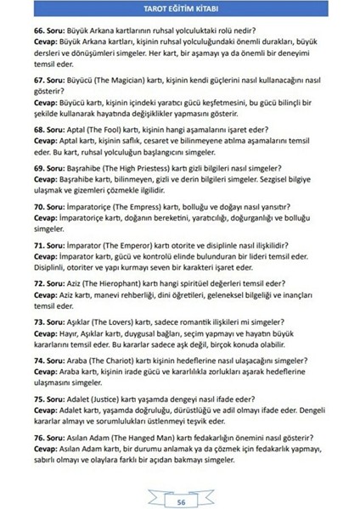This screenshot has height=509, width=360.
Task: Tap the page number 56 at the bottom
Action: pyautogui.click(x=181, y=478)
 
